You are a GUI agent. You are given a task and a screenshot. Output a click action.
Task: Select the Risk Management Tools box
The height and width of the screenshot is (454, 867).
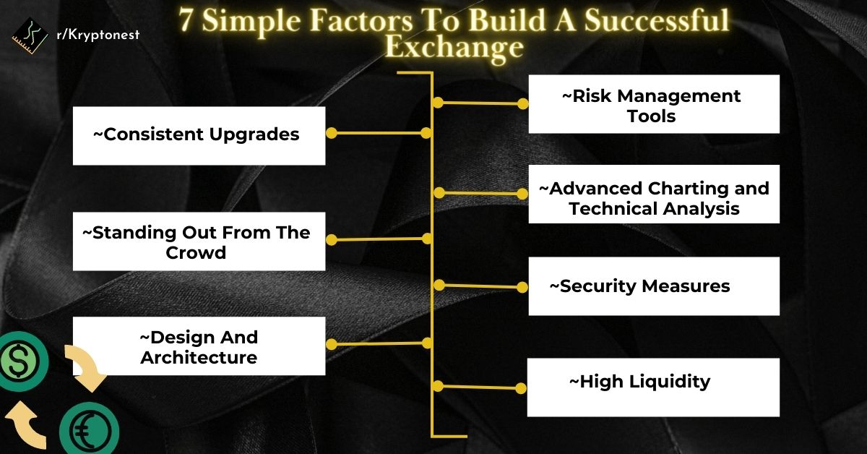[x=654, y=104]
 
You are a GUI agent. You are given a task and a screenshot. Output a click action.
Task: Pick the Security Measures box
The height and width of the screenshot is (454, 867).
[x=654, y=286]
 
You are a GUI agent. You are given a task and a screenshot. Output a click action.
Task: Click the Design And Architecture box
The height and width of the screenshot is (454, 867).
[x=199, y=346]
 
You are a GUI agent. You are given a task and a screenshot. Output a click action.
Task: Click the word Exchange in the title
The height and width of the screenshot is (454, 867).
[x=454, y=47]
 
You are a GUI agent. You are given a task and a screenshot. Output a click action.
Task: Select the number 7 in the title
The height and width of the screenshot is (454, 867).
[x=186, y=21]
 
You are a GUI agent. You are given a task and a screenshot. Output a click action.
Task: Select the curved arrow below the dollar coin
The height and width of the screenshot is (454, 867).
[x=25, y=427]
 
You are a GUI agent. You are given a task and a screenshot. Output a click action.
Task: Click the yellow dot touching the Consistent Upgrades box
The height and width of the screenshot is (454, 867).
[x=332, y=133]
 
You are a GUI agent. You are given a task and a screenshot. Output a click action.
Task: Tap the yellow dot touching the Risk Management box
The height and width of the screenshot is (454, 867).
[x=522, y=103]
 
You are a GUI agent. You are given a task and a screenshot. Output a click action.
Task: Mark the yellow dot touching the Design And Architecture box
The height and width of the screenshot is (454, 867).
[x=332, y=345]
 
